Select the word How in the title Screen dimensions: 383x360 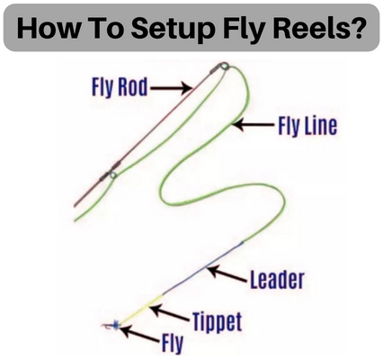45,29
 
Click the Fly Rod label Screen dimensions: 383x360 120,87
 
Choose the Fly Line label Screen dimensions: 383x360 307,126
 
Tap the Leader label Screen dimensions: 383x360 277,280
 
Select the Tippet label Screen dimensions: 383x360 217,321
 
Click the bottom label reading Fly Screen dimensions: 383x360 173,343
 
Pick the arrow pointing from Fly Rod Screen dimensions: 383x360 171,88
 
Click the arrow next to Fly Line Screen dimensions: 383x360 254,124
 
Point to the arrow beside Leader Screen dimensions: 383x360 227,274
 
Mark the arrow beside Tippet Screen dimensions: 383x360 170,313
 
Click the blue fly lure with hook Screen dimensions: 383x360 111,325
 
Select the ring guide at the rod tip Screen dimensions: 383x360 224,66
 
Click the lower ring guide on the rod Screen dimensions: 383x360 112,175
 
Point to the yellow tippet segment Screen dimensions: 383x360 142,310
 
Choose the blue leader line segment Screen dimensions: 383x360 203,269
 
